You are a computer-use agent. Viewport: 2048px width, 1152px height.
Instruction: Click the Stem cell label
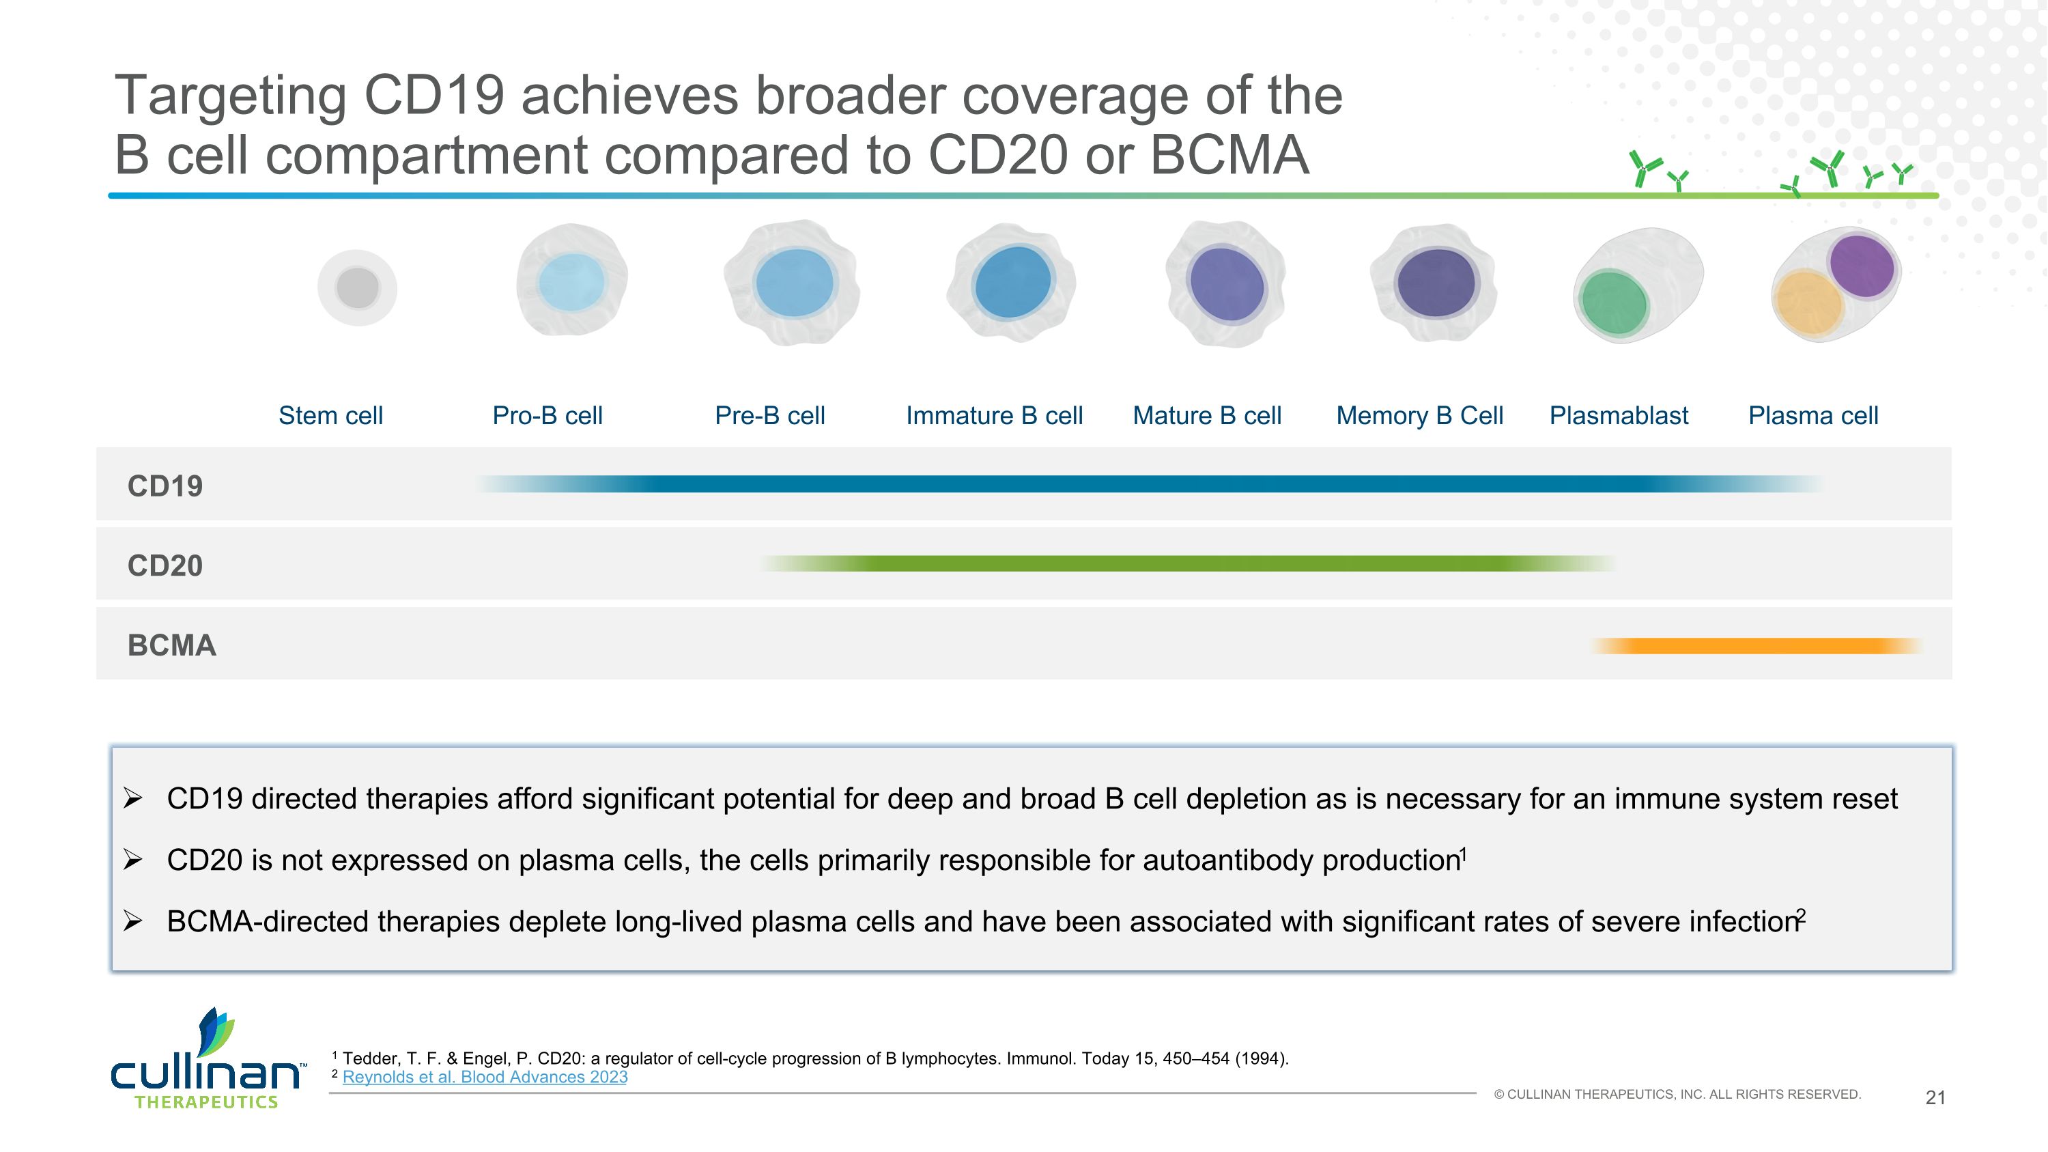(x=330, y=415)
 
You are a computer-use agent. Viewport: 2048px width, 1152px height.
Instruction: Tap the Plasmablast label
(x=1618, y=415)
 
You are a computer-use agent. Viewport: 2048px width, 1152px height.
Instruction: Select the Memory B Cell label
(x=1419, y=415)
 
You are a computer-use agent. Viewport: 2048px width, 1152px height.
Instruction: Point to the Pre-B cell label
(x=769, y=415)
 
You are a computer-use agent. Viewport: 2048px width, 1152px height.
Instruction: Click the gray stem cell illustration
(x=357, y=287)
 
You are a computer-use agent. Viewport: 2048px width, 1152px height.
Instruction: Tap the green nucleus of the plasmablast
(x=1613, y=304)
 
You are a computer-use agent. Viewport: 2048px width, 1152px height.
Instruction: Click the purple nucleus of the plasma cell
(x=1861, y=265)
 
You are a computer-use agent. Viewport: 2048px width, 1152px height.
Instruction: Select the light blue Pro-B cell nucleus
(x=570, y=282)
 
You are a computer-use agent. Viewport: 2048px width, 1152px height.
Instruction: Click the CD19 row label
(x=165, y=486)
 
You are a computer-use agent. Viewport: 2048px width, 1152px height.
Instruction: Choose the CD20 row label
(x=165, y=565)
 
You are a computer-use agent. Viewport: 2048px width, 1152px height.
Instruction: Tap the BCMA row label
(x=172, y=645)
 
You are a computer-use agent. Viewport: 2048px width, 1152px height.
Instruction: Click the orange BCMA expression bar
(x=1757, y=645)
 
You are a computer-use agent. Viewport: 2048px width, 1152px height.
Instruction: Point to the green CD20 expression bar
(x=1184, y=563)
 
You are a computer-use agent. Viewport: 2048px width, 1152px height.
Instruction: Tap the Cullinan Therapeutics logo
(x=207, y=1061)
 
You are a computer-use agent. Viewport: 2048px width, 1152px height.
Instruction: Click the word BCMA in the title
(x=1228, y=154)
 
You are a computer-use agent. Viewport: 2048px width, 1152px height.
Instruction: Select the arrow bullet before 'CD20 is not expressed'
(x=132, y=860)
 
